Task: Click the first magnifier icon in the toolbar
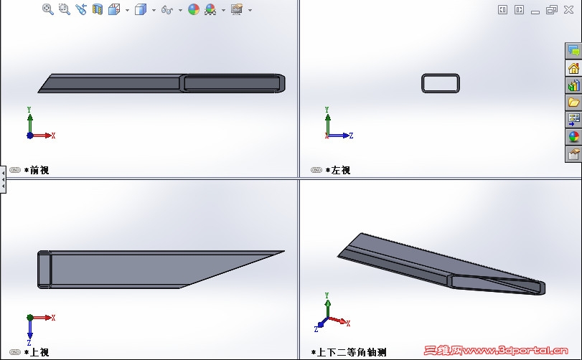tap(48, 9)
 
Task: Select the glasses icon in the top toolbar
tap(167, 9)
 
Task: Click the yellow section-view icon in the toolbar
tap(98, 9)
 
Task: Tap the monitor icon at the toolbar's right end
tap(236, 9)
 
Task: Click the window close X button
tap(568, 9)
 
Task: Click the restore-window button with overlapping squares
tap(552, 9)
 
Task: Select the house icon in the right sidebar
tap(573, 68)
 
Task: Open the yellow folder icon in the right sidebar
tap(573, 102)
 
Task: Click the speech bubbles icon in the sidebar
tap(573, 51)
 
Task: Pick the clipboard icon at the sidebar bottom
tap(573, 153)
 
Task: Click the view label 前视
tap(39, 170)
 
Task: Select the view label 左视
tap(341, 170)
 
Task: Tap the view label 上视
tap(39, 352)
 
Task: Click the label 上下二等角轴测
tap(351, 352)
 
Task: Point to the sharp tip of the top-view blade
tap(284, 252)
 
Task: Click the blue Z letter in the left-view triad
tap(351, 136)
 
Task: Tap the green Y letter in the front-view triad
tap(29, 110)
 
